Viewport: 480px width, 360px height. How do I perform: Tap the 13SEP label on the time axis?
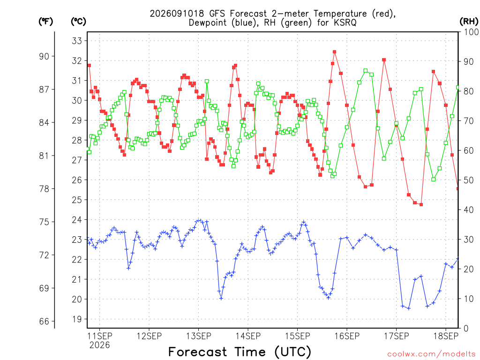[x=199, y=336]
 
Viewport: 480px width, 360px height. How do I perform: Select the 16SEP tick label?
[x=347, y=336]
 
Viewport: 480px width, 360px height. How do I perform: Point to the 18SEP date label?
[x=446, y=336]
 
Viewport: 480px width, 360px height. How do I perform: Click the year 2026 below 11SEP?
[x=99, y=345]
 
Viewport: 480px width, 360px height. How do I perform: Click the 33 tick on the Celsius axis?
[x=77, y=41]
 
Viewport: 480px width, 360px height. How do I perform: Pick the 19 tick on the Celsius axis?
[x=77, y=319]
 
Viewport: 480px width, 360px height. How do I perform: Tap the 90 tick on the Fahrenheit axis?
[x=44, y=56]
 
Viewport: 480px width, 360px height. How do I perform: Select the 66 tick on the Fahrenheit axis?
[x=44, y=322]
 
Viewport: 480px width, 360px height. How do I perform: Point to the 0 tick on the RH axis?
[x=466, y=329]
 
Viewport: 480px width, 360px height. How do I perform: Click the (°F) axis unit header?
[x=45, y=22]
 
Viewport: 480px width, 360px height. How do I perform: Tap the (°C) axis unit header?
[x=78, y=22]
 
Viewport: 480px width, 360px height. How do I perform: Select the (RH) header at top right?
[x=469, y=22]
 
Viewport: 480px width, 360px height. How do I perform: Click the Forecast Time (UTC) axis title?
[x=240, y=352]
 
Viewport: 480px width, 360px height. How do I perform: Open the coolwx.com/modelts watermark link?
[x=431, y=354]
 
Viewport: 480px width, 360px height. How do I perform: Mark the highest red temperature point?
[x=335, y=52]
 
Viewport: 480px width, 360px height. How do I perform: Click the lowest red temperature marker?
[x=421, y=204]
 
